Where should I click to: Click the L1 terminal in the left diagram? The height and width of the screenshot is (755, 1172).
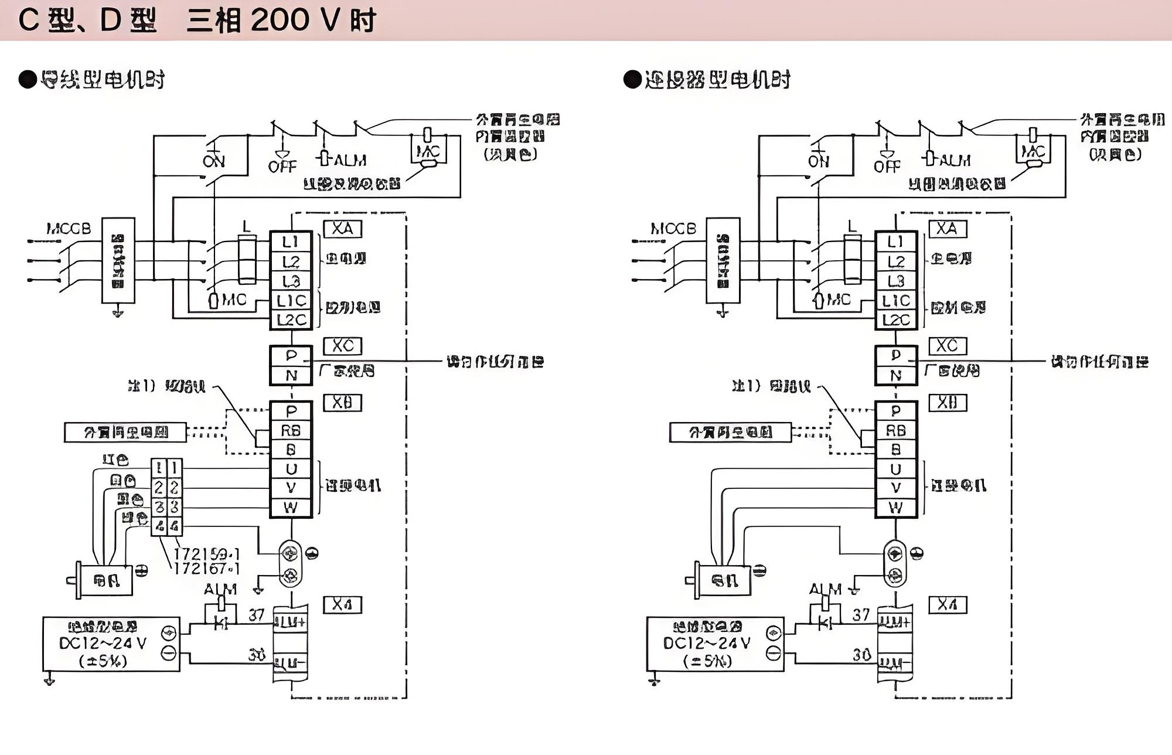291,242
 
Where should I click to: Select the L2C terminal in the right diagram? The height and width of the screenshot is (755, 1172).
896,320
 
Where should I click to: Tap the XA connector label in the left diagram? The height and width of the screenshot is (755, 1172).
343,229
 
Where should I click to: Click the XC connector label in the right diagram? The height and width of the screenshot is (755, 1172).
948,346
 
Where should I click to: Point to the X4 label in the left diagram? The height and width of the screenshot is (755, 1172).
343,604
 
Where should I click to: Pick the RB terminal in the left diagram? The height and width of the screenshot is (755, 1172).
291,431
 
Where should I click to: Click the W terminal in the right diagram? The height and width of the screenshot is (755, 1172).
896,508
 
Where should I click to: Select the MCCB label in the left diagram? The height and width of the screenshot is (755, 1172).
69,229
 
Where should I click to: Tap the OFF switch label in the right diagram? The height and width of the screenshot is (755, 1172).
887,167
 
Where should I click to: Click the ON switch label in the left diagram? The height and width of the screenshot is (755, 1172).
214,161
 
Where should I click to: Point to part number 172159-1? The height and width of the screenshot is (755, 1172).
207,554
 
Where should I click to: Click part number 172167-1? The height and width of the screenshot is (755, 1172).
207,569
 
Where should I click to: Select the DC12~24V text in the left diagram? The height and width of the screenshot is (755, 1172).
103,643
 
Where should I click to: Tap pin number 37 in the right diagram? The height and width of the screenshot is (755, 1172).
861,615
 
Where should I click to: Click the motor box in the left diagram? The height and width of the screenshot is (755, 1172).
106,580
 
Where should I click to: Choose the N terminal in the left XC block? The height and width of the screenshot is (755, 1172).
291,375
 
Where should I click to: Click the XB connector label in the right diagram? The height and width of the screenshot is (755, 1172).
948,403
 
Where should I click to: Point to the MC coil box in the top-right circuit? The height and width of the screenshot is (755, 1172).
1033,152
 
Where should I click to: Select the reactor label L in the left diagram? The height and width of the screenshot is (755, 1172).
247,226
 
